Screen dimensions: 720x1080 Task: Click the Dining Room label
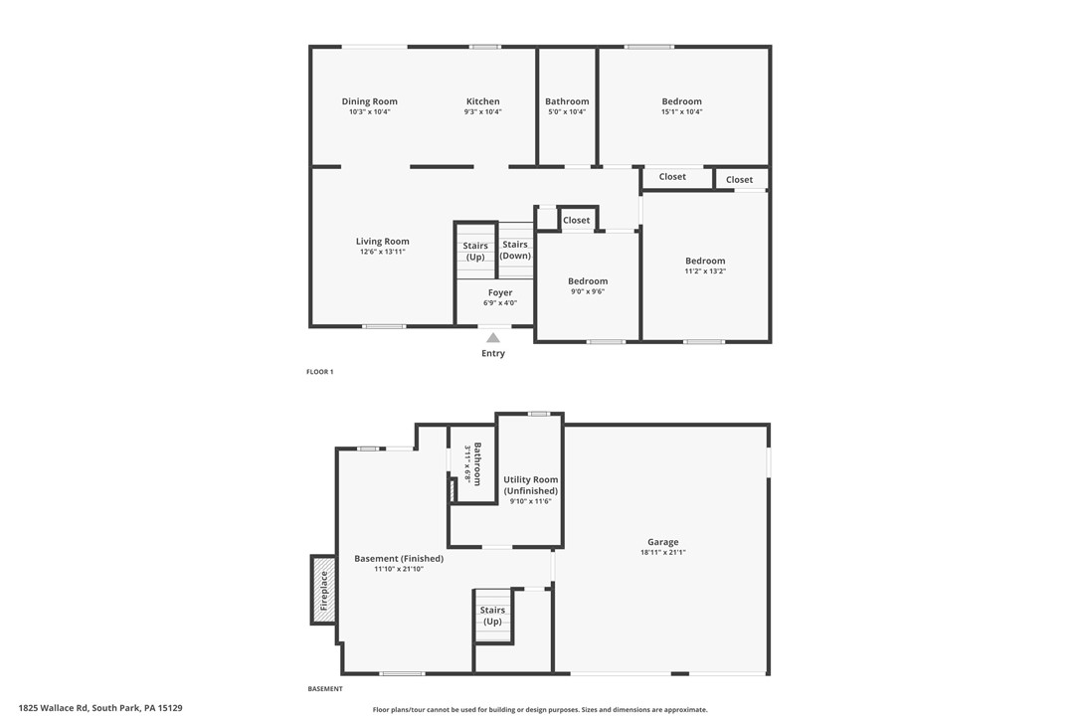[369, 101]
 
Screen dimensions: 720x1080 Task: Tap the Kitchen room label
[482, 101]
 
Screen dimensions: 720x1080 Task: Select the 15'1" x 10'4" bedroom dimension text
[681, 112]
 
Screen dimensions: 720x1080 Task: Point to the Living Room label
[382, 242]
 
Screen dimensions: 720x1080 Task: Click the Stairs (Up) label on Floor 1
[475, 252]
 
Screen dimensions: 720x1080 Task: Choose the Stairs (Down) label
[515, 251]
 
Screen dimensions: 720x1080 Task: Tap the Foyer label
[500, 292]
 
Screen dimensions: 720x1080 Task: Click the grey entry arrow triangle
[493, 338]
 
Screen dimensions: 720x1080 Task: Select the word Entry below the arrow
[493, 353]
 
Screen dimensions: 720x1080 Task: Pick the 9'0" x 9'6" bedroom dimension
[587, 292]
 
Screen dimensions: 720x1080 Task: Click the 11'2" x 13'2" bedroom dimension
[705, 271]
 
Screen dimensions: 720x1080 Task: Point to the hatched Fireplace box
[322, 590]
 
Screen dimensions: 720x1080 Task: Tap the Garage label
[663, 542]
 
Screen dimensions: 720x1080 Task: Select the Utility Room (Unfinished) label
[530, 485]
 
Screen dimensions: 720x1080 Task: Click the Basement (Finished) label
[399, 559]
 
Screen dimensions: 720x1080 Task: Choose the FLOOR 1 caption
[319, 372]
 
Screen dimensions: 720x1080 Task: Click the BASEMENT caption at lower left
[325, 689]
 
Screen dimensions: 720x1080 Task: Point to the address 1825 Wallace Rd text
[100, 708]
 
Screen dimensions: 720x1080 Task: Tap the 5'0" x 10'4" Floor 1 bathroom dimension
[567, 112]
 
